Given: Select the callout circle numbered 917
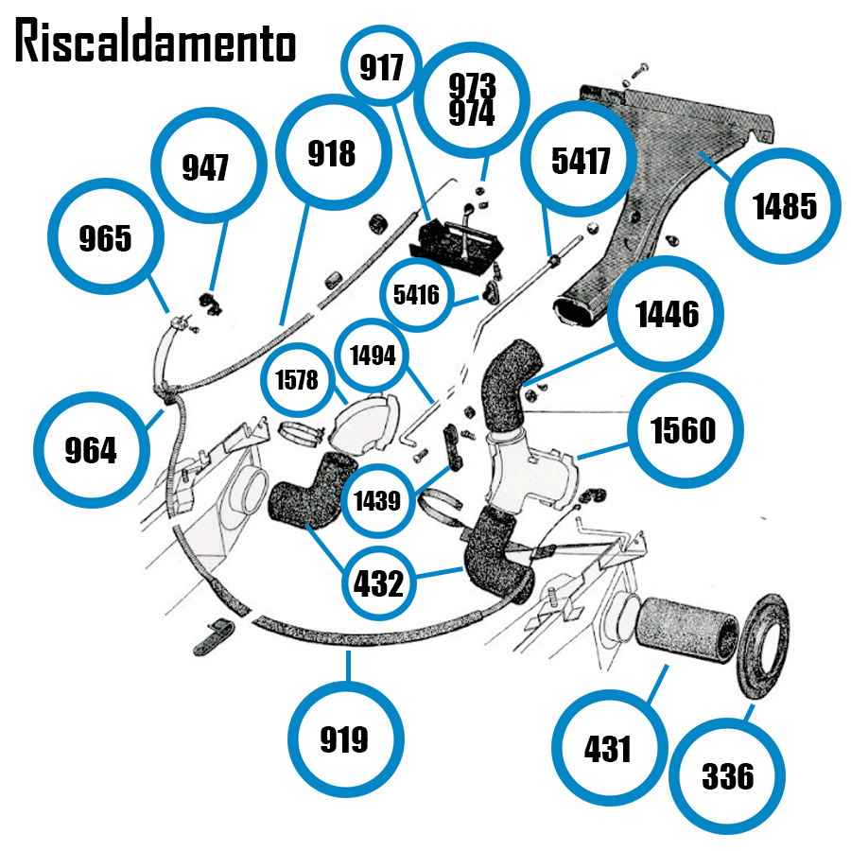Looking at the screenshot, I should [x=381, y=68].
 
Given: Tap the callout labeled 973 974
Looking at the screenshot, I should [x=472, y=99].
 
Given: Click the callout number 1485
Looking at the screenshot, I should [x=784, y=205].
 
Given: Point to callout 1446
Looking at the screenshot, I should [x=667, y=314].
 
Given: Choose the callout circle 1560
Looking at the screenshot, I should [x=685, y=431].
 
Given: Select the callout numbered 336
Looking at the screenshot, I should [x=728, y=776].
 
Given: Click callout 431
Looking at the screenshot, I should [x=608, y=749].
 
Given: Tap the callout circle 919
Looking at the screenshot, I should [x=345, y=738].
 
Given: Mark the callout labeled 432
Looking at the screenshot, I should [x=379, y=584].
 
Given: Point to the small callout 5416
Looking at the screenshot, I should [x=417, y=295].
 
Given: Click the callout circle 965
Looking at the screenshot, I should [x=105, y=237].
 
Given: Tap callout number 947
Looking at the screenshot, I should [x=205, y=168].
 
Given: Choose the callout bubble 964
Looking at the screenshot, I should [x=90, y=450].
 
